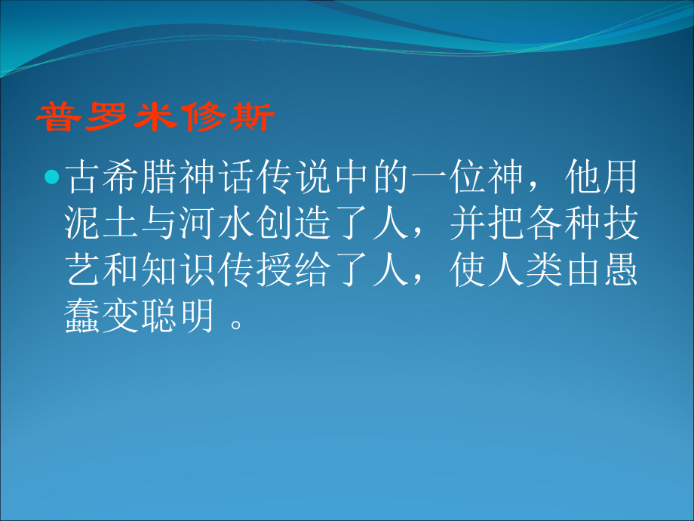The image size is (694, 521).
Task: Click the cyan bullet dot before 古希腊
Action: [51, 179]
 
